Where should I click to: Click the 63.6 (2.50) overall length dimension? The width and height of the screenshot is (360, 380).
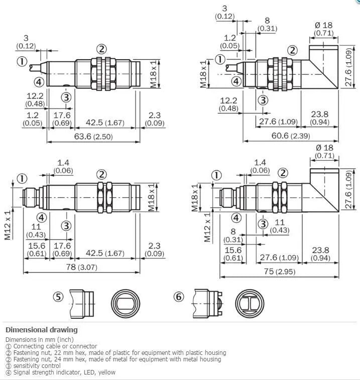[93, 137]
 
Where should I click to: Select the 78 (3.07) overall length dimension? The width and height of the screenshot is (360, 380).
[82, 267]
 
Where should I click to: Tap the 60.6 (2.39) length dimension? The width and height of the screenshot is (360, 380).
[291, 136]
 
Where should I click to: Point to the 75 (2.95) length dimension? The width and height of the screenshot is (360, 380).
[280, 272]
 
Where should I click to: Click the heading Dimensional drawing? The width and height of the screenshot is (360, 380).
[42, 330]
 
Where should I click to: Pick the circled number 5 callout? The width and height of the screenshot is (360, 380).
[58, 297]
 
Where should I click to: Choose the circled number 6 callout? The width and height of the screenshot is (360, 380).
[179, 297]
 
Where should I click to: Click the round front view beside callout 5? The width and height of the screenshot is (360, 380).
[126, 303]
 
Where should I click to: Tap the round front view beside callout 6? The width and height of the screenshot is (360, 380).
[250, 303]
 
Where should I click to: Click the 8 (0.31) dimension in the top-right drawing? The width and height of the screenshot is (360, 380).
[267, 24]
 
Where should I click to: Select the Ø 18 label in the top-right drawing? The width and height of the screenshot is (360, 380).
[324, 25]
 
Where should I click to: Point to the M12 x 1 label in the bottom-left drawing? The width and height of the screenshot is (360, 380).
[8, 225]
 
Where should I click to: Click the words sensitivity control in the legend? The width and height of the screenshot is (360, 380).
[37, 366]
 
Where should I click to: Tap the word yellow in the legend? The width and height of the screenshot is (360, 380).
[106, 372]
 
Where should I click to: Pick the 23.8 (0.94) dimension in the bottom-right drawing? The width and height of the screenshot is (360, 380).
[320, 254]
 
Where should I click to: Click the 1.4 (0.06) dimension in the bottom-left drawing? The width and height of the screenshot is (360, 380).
[63, 166]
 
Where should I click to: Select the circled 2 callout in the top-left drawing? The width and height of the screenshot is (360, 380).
[101, 49]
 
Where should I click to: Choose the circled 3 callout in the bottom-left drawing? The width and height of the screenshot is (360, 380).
[66, 226]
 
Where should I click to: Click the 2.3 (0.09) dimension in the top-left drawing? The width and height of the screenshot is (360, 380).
[155, 119]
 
